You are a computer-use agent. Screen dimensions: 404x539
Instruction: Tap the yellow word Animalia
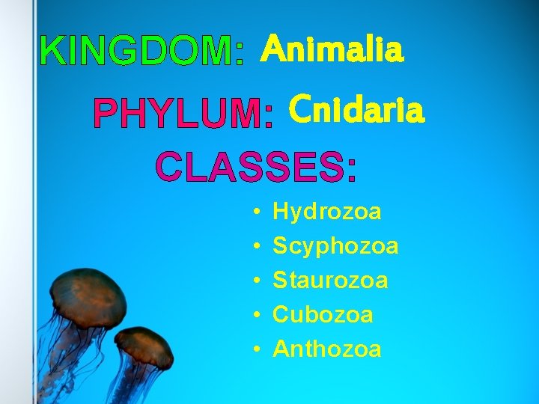pos(332,51)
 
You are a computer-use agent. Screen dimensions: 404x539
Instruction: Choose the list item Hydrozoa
pos(327,212)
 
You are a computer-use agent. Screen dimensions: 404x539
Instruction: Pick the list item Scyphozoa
pos(335,246)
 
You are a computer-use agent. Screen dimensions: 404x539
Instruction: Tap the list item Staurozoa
pos(330,281)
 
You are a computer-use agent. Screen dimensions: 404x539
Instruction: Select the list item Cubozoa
pos(323,314)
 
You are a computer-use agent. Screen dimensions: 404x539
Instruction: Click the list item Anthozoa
pos(327,349)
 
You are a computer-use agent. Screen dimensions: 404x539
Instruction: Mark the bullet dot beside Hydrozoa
pos(256,212)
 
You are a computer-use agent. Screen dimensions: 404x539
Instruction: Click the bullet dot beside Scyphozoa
pos(256,247)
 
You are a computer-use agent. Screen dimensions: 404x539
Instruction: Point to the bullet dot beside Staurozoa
pos(256,281)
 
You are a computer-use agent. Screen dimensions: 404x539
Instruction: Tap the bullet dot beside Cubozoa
pos(256,315)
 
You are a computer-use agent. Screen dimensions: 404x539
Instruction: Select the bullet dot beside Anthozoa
pos(256,349)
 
